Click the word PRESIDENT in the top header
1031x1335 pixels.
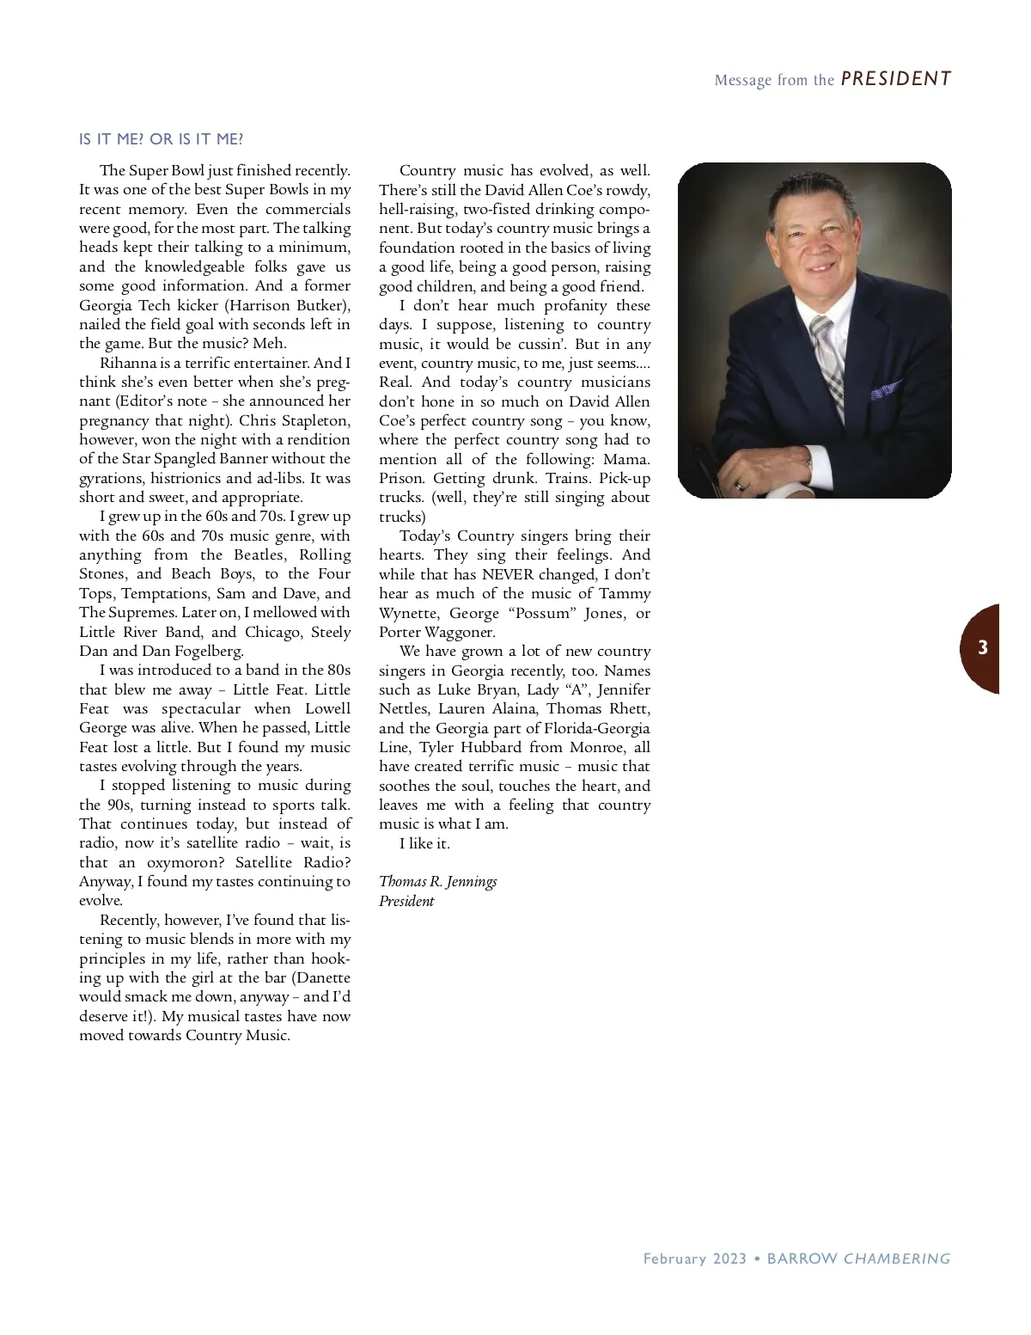coord(896,79)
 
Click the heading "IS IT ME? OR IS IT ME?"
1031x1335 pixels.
coord(162,139)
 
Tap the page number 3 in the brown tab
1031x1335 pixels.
coord(983,648)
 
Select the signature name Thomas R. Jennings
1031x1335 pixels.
coord(438,881)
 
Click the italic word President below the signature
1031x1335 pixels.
coord(406,901)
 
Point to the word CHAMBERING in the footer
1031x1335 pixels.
coord(897,1258)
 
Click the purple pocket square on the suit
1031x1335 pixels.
coord(885,391)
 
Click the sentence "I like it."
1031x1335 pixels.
coord(424,843)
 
